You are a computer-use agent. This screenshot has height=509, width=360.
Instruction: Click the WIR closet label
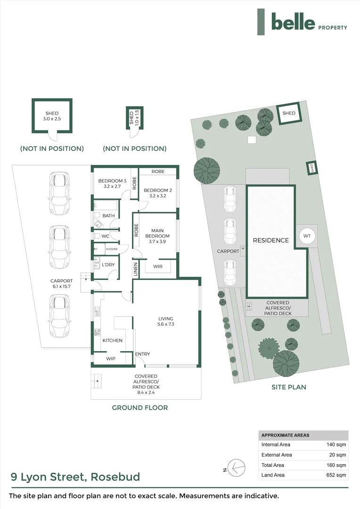click(158, 266)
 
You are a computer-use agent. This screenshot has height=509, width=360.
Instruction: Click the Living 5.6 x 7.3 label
click(165, 321)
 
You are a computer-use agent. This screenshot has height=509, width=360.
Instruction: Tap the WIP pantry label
click(110, 359)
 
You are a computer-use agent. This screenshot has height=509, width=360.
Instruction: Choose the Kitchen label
click(113, 340)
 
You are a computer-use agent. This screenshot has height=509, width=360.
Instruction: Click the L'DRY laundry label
click(108, 265)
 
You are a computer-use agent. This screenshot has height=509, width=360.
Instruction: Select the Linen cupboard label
click(135, 269)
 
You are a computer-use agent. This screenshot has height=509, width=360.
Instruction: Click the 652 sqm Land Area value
click(337, 475)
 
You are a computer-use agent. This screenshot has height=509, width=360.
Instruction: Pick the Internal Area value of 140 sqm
click(337, 444)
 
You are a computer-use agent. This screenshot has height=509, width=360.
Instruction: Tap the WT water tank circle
click(307, 236)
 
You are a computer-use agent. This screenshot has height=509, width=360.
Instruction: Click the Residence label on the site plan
click(271, 240)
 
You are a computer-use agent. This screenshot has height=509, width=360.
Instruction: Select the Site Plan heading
click(289, 387)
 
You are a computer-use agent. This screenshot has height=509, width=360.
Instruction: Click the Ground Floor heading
click(140, 408)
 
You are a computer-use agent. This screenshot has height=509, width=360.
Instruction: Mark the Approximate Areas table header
click(286, 435)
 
